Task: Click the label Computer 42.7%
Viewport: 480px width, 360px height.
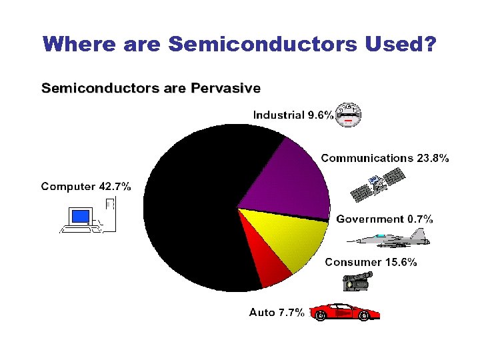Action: tap(86, 186)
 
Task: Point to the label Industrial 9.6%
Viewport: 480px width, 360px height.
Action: tap(293, 115)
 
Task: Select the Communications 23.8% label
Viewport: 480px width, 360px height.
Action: tap(385, 158)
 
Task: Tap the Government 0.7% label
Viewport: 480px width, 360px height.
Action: tap(384, 219)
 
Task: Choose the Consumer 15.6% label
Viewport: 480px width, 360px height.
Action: tap(371, 262)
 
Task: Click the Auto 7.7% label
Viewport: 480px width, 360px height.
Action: tap(277, 311)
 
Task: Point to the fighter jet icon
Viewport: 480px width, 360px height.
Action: tap(390, 238)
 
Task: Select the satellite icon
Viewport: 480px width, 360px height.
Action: tap(378, 186)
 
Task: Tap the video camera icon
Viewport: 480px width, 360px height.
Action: tap(355, 282)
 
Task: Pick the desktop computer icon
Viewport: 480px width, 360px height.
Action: tap(87, 217)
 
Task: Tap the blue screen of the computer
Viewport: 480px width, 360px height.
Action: tap(81, 216)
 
